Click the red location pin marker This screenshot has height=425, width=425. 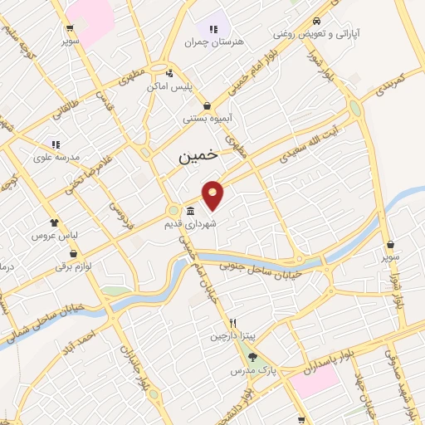click(x=213, y=194)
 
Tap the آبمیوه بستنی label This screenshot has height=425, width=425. click(x=208, y=120)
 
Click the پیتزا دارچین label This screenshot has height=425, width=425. click(x=233, y=337)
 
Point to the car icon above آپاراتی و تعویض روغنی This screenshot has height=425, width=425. click(x=316, y=22)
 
